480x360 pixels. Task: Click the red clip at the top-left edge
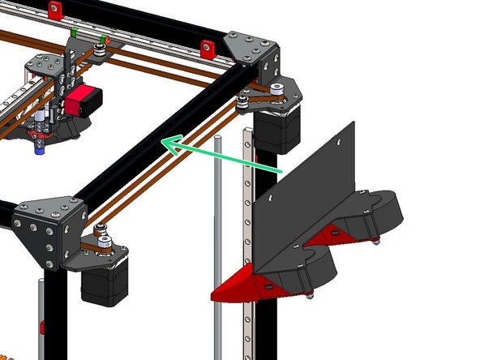click(55, 11)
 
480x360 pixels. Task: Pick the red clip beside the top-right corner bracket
click(207, 46)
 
